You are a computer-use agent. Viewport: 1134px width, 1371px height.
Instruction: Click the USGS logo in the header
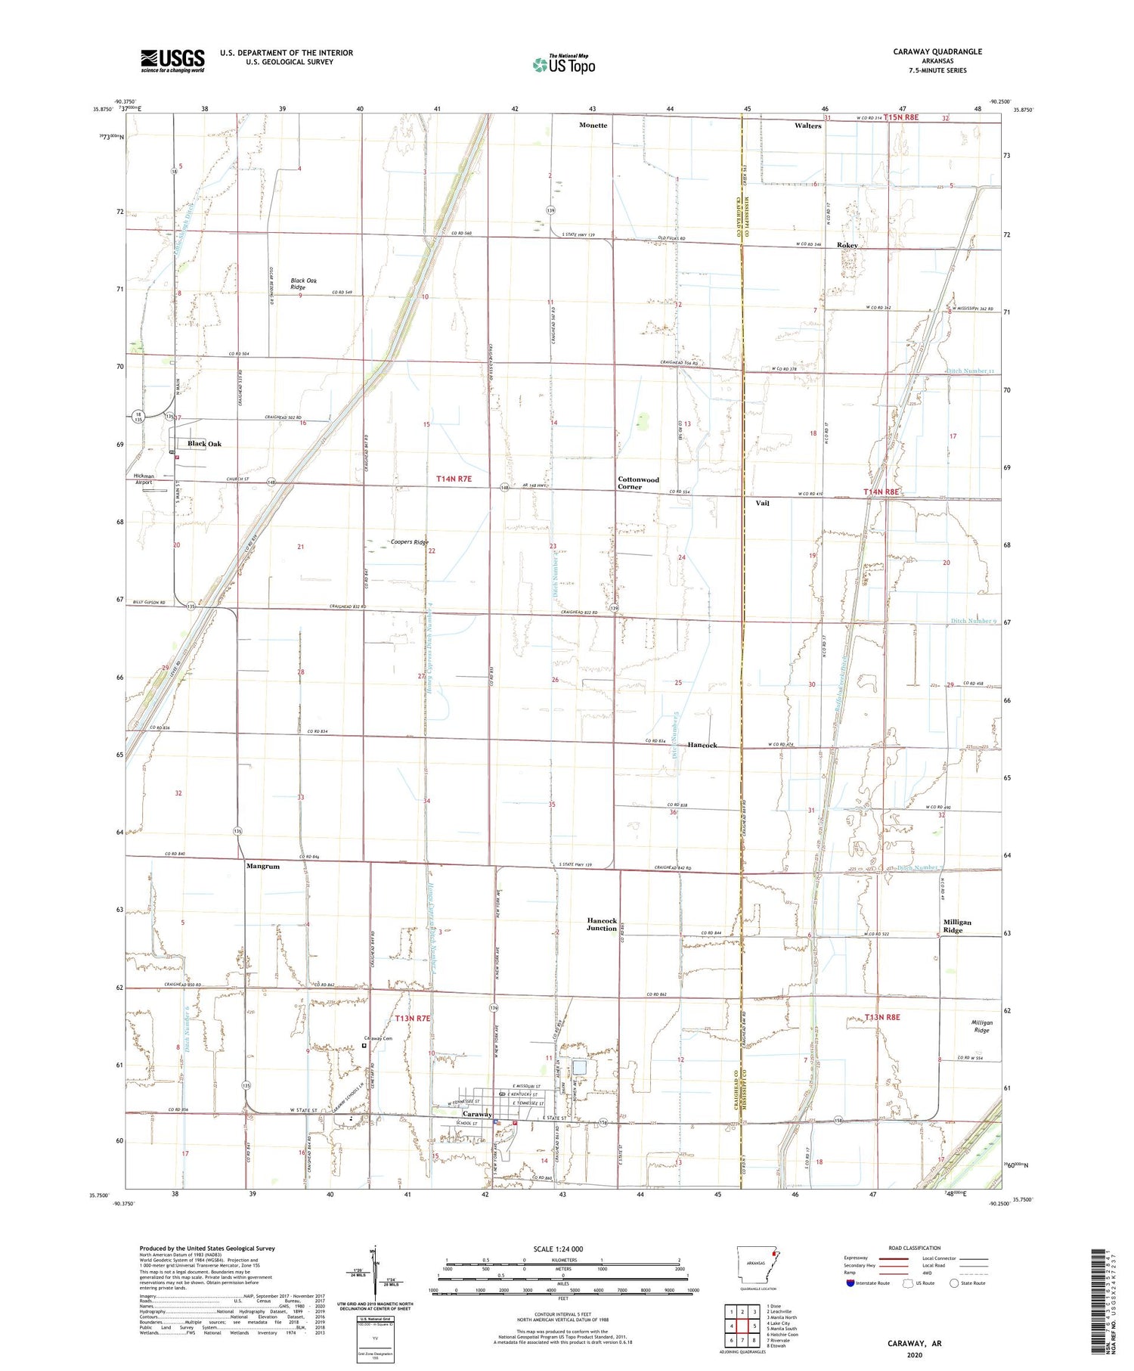tap(172, 60)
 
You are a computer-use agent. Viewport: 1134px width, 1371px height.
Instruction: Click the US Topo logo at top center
tap(563, 65)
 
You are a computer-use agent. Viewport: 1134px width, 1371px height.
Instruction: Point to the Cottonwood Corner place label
tap(638, 482)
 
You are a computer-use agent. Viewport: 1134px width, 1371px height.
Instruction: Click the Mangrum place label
tap(263, 867)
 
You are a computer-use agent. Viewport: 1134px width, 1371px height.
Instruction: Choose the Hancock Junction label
tap(602, 924)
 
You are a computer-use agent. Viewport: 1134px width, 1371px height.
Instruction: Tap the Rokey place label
tap(847, 246)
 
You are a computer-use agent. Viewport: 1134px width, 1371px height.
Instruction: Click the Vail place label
tap(762, 503)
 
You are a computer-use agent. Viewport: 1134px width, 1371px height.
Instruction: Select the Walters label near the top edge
tap(807, 126)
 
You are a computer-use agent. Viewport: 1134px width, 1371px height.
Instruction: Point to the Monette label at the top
tap(593, 125)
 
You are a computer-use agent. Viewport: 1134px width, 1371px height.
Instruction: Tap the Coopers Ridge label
tap(409, 542)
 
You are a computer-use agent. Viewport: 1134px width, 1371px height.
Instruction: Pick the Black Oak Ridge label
tap(304, 284)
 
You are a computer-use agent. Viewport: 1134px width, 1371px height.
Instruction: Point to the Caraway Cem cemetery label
tap(378, 1038)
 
